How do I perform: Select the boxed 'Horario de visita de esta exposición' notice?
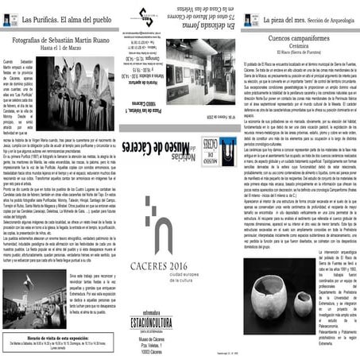60,344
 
